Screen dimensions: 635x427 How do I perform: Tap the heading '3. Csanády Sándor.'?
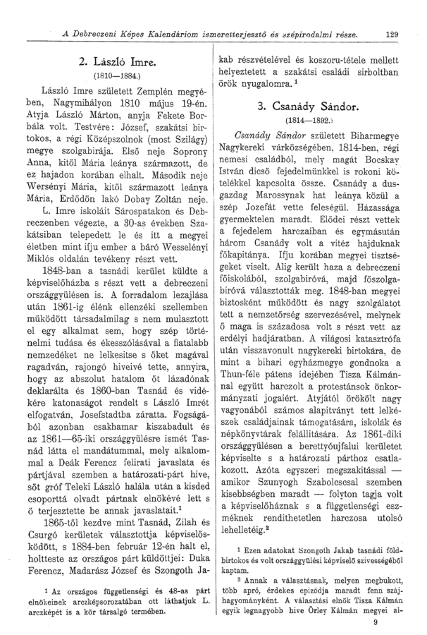point(309,108)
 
